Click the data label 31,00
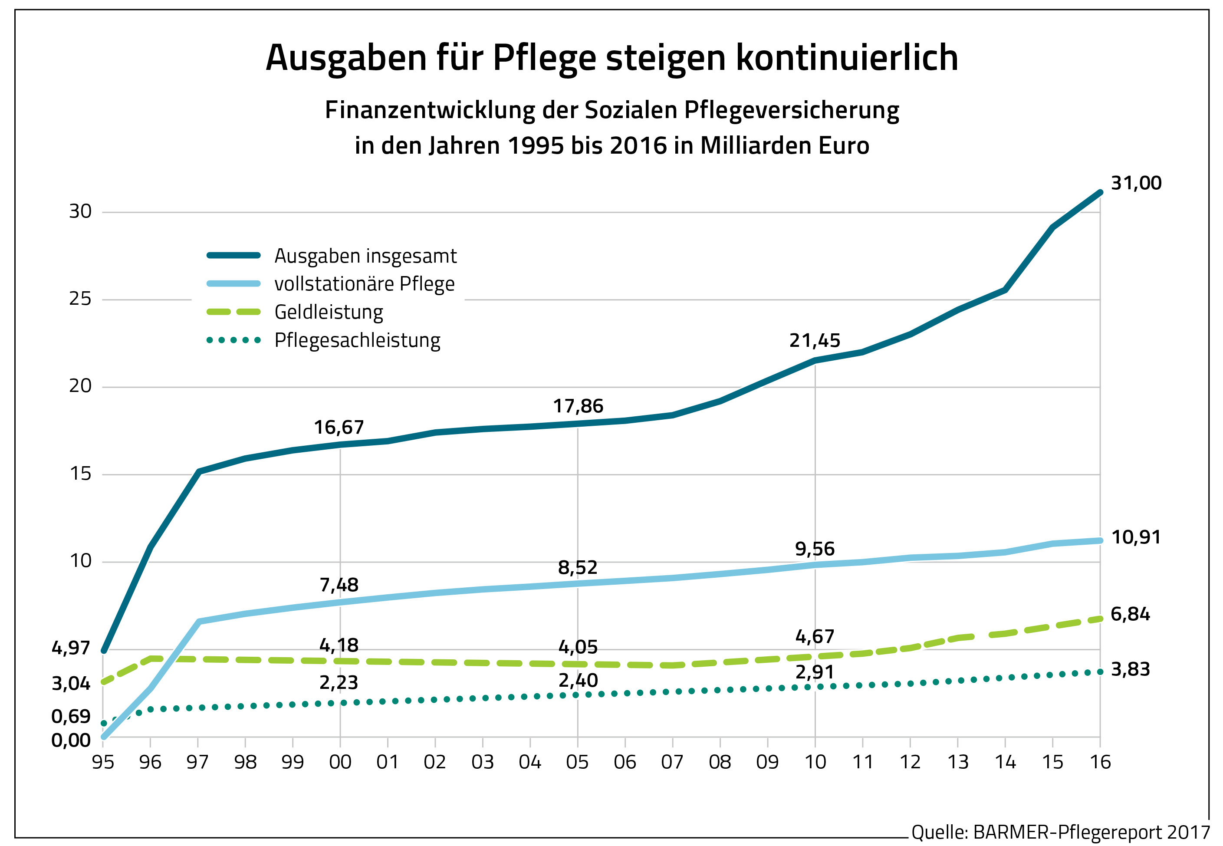pyautogui.click(x=1136, y=183)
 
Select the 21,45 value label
pyautogui.click(x=815, y=340)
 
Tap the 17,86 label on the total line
pyautogui.click(x=578, y=406)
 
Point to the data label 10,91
pyautogui.click(x=1136, y=537)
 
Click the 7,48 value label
pyautogui.click(x=339, y=585)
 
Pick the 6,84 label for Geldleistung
pyautogui.click(x=1130, y=614)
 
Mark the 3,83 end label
pyautogui.click(x=1130, y=669)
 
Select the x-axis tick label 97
pyautogui.click(x=197, y=762)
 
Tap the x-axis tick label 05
pyautogui.click(x=577, y=762)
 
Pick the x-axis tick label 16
pyautogui.click(x=1100, y=762)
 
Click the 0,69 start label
pyautogui.click(x=70, y=717)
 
